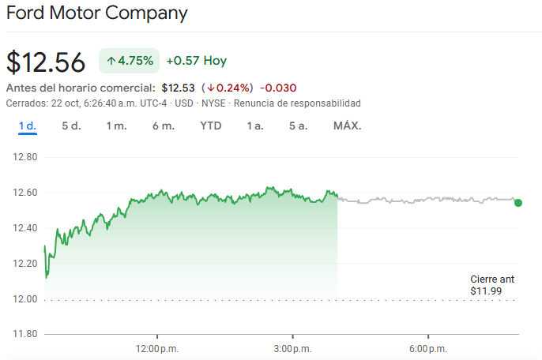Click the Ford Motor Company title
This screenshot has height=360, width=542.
click(97, 13)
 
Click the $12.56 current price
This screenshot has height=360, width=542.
click(47, 62)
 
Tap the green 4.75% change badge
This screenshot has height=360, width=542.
click(129, 61)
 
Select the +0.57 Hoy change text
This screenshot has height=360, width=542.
click(196, 61)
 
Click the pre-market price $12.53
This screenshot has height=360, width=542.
click(178, 88)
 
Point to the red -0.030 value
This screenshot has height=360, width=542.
click(278, 88)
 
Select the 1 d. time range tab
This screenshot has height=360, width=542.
click(28, 126)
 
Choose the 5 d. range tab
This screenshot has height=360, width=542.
click(71, 126)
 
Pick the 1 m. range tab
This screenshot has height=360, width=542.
click(117, 126)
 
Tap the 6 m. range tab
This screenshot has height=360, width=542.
click(164, 126)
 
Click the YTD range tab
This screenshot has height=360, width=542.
click(211, 126)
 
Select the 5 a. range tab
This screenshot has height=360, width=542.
click(298, 126)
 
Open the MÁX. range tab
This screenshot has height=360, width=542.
click(347, 126)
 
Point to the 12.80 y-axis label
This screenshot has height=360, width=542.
click(25, 157)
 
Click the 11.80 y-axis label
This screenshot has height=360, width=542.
click(25, 334)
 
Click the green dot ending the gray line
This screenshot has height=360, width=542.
click(518, 203)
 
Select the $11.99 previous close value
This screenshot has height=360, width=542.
click(485, 291)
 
